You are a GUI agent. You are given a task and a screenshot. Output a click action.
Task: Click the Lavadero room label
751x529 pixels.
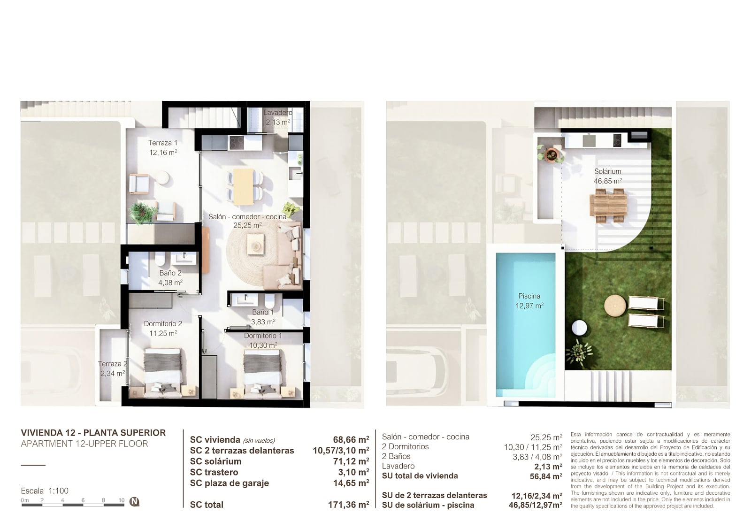277,113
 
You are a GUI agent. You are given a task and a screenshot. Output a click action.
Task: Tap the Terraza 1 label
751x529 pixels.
162,143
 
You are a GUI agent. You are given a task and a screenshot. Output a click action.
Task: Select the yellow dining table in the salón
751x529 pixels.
244,186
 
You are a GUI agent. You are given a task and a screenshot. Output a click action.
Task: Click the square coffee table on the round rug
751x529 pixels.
255,245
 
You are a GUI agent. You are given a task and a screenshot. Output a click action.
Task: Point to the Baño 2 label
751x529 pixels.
170,273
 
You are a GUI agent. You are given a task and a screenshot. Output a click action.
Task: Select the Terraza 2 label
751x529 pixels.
113,364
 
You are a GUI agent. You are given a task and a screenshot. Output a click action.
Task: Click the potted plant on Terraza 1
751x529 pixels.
143,212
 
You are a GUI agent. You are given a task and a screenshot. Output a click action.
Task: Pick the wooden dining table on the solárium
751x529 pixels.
608,206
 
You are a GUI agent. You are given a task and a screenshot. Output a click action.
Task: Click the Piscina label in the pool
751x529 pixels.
529,296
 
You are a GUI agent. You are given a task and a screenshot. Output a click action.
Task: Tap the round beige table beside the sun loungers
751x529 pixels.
615,306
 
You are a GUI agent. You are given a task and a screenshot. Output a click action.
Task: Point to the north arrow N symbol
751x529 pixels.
134,502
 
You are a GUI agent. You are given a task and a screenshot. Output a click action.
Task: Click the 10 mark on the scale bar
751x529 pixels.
122,500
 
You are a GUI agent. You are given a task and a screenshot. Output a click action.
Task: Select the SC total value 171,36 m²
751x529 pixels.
349,505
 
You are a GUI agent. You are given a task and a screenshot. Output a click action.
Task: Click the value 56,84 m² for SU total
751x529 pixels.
546,476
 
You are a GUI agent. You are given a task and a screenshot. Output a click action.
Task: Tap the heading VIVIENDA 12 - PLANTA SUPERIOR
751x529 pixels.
93,433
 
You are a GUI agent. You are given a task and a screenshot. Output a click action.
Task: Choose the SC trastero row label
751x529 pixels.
214,472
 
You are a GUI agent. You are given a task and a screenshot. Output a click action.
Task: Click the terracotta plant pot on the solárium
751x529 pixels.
551,154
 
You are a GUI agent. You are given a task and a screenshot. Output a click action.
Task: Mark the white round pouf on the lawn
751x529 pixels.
579,327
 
